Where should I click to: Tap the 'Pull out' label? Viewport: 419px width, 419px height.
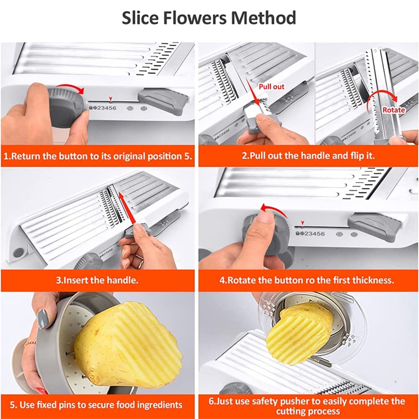tap(271, 87)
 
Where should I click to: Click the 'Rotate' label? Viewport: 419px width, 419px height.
tap(393, 110)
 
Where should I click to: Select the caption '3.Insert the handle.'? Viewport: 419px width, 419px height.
tap(98, 280)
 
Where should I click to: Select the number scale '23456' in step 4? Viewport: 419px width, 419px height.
tap(313, 233)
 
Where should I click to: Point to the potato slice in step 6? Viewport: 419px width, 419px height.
tap(297, 335)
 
